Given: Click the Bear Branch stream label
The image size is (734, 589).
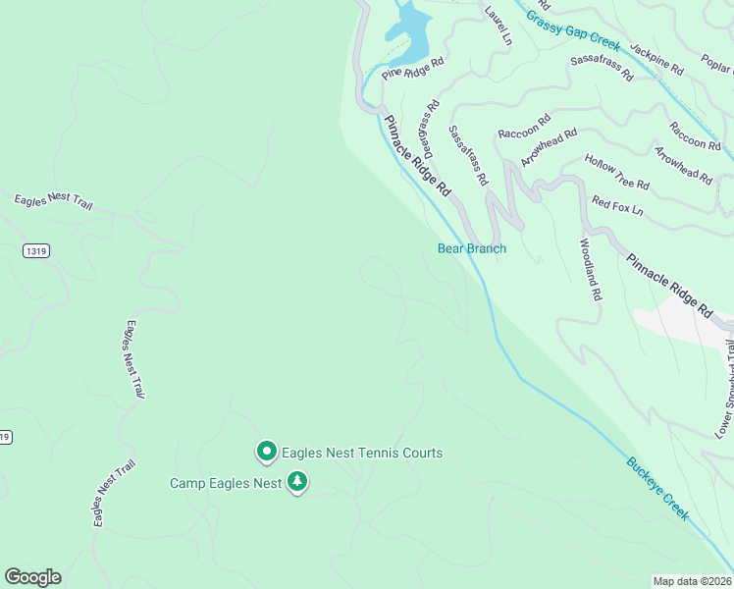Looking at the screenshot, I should (472, 248).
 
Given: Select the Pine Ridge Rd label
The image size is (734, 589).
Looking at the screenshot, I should (413, 67).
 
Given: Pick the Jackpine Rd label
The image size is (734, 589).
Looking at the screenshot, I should (656, 59).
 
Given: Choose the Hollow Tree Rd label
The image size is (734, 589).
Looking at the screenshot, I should (616, 171).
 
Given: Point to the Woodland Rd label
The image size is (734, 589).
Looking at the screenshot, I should (589, 268).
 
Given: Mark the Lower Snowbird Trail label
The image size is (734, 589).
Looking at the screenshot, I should (725, 389).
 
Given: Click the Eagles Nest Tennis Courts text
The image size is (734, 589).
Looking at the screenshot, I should (362, 453).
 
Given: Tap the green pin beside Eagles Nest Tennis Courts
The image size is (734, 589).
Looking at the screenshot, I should (266, 452).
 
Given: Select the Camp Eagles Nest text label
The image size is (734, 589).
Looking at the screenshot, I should (226, 483).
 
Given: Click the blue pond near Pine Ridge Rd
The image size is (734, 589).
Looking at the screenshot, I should (413, 29).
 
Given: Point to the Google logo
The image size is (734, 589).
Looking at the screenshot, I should (32, 577).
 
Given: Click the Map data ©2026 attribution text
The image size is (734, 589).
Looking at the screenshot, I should (692, 581).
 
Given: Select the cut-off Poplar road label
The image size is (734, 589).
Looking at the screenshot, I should (717, 66).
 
